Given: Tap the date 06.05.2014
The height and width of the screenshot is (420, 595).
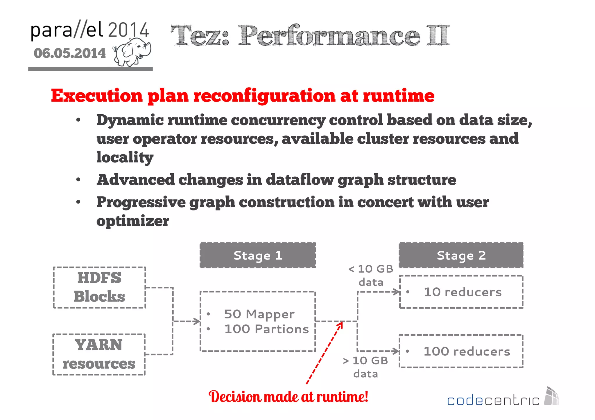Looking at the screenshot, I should [x=70, y=53].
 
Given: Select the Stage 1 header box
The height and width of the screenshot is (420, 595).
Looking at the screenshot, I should [x=258, y=255].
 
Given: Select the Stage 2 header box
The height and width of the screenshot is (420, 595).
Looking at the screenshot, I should [x=461, y=255].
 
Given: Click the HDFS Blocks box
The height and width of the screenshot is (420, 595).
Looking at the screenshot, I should [x=99, y=287].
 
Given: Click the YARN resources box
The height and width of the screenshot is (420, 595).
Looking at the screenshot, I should [x=99, y=354].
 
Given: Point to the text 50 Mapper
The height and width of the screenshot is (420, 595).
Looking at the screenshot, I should [x=259, y=314].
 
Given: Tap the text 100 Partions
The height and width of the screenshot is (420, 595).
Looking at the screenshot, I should [x=266, y=329].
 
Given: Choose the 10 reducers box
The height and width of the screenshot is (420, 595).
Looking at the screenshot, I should [x=461, y=292].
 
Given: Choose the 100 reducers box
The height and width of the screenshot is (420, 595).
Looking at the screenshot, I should [x=461, y=351].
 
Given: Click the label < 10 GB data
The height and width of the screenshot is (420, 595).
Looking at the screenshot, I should [x=371, y=275].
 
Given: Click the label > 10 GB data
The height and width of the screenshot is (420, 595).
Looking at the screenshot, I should [x=365, y=367].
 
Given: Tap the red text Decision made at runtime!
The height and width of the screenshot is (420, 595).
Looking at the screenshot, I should [x=288, y=396].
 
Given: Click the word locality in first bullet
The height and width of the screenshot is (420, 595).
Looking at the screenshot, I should [x=125, y=157].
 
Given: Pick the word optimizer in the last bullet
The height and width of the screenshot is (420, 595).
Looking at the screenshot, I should [x=132, y=221].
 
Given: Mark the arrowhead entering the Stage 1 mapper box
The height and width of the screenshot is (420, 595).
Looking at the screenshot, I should [x=198, y=321].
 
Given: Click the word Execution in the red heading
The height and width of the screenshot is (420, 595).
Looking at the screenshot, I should [x=97, y=95].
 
